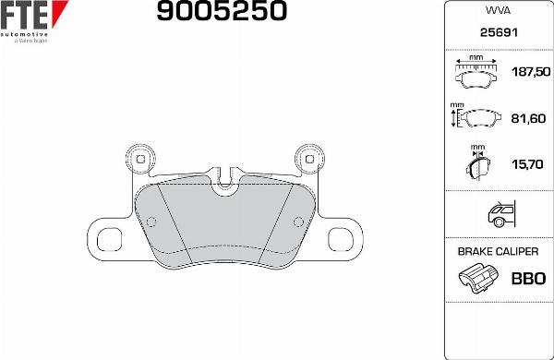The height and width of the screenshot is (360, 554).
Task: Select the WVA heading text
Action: pyautogui.click(x=499, y=13)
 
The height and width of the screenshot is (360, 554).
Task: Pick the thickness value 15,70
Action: pyautogui.click(x=526, y=164)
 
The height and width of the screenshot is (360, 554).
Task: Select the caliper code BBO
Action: pyautogui.click(x=527, y=278)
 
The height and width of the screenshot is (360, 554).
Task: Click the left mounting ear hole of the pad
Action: pyautogui.click(x=141, y=159)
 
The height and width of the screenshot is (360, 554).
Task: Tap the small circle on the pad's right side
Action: pyautogui.click(x=298, y=220)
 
